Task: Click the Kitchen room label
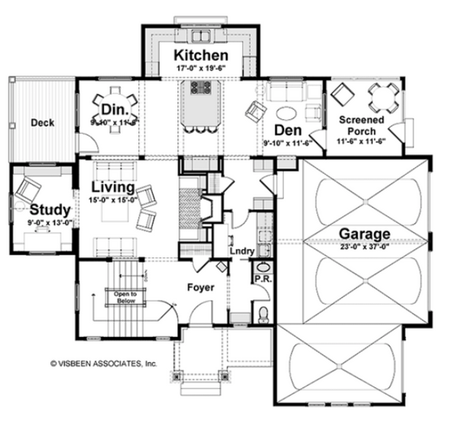pos(201,56)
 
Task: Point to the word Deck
pos(42,122)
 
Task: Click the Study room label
pos(50,210)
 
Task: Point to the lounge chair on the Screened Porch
pos(343,96)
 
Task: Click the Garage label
pos(365,233)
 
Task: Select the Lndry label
pos(239,252)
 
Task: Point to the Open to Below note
pos(122,296)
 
